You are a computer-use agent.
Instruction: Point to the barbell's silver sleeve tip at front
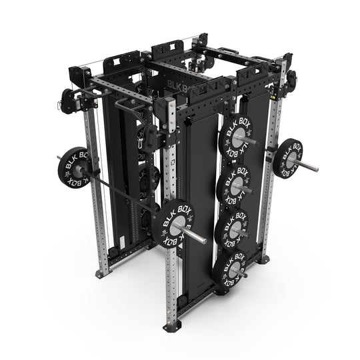tap(200, 239)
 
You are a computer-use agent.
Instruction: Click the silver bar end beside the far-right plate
tap(311, 165)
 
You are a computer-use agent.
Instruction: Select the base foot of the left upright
tap(102, 271)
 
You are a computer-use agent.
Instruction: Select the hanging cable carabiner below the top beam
tap(142, 139)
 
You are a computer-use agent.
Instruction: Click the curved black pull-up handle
tap(125, 105)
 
